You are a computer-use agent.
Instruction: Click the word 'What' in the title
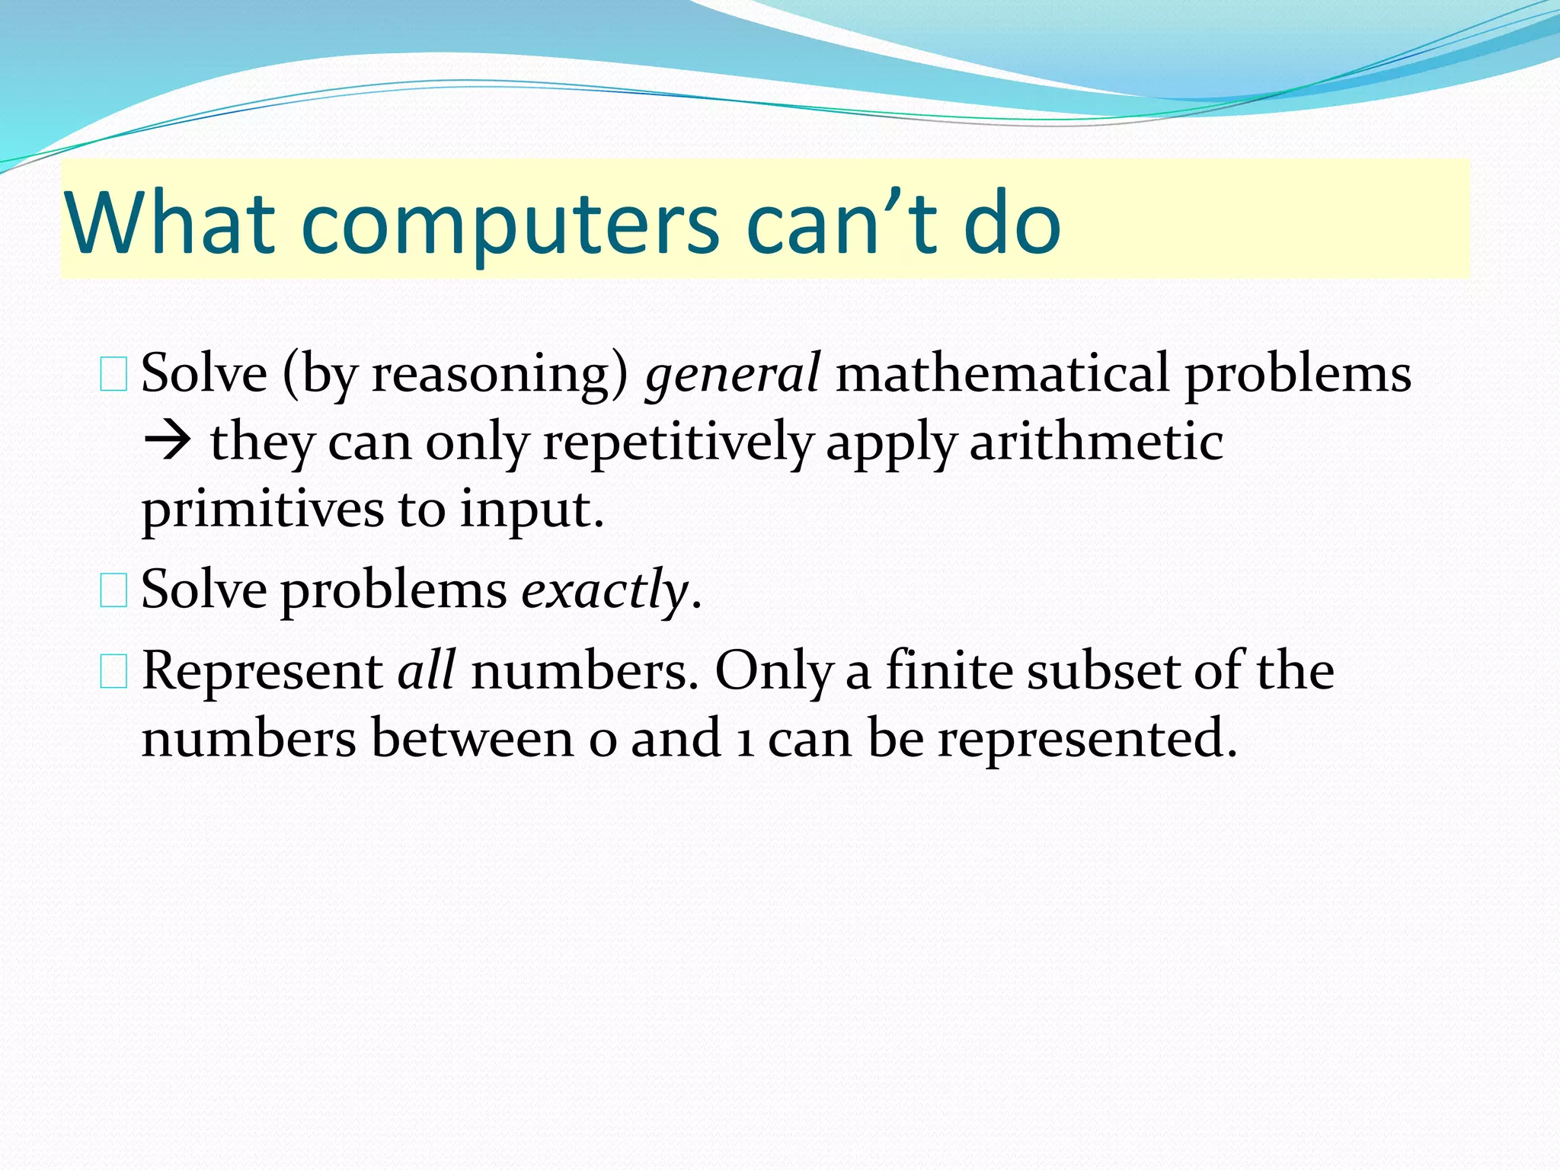169,222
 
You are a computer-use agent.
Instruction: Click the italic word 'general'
732,375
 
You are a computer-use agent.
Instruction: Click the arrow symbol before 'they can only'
166,442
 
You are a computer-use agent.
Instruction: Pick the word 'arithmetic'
1095,442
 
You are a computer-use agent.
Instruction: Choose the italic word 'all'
427,670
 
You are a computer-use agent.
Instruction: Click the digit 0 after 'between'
602,740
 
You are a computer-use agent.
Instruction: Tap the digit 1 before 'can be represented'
746,740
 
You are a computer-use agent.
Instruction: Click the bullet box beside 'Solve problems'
113,592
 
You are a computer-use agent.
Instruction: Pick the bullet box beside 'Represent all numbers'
113,673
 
